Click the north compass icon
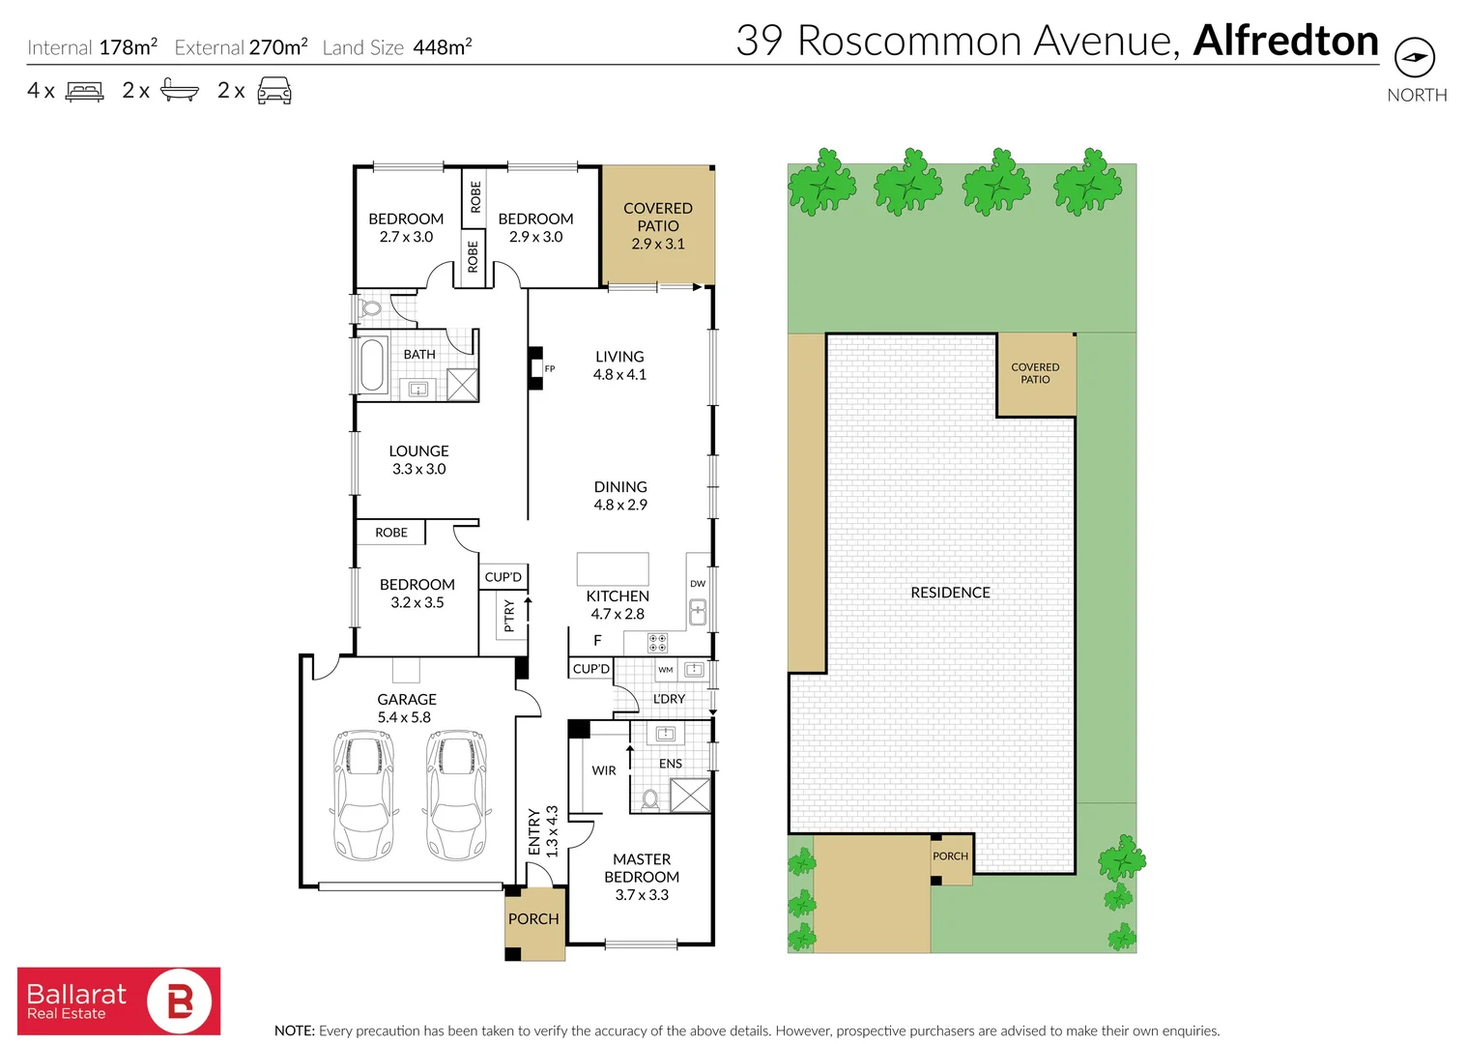click(x=1414, y=58)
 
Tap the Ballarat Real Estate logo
click(x=119, y=1000)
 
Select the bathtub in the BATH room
click(x=371, y=363)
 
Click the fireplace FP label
click(x=550, y=368)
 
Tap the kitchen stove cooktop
click(x=658, y=643)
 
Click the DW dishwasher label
click(x=698, y=583)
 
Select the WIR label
click(x=603, y=770)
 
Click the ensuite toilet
click(x=649, y=799)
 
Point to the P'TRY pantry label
click(x=509, y=615)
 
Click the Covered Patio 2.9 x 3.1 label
click(x=658, y=226)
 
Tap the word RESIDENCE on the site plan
click(x=950, y=593)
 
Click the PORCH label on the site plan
click(x=950, y=856)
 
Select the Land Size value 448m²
click(x=443, y=46)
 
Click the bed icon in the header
click(x=84, y=91)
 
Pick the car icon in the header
click(x=274, y=90)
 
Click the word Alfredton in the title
click(x=1286, y=41)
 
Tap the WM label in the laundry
click(x=666, y=670)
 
